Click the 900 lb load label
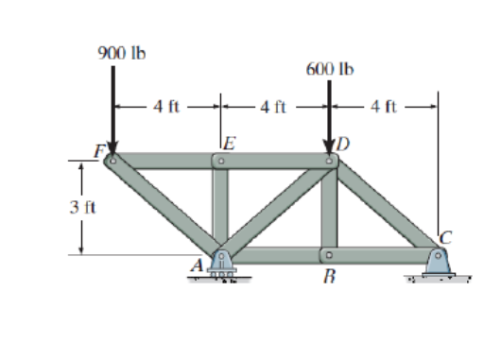coord(122,53)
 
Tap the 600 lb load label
coord(330,69)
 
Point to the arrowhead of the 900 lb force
coord(112,148)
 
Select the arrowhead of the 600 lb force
coord(329,148)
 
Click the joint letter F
coord(100,150)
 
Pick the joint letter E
coord(230,143)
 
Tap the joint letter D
coord(343,144)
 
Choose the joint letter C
coord(446,238)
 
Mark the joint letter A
coord(198,266)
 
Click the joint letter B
coord(329,276)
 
